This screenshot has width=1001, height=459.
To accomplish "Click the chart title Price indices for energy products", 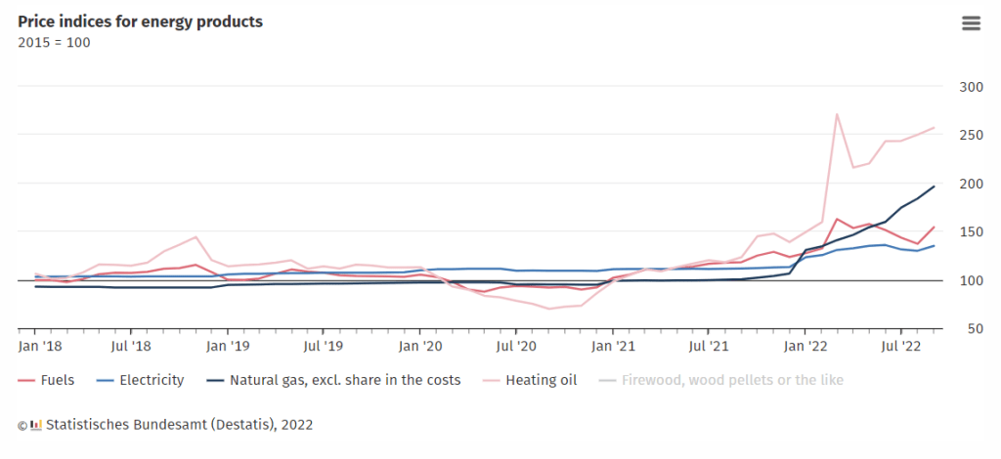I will (140, 21).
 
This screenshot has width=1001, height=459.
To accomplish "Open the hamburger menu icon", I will (971, 23).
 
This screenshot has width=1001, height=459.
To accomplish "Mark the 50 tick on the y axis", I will (973, 329).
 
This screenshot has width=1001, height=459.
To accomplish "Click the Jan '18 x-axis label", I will (40, 346).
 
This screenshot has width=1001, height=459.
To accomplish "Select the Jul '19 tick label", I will (323, 346).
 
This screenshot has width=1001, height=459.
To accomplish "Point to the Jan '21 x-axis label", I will (611, 346).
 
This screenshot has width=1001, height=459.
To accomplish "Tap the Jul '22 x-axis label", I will (900, 346).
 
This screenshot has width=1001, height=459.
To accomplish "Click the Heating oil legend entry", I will (541, 380).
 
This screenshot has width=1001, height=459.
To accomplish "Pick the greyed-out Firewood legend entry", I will (731, 380).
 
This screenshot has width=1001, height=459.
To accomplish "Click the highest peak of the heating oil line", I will (837, 114).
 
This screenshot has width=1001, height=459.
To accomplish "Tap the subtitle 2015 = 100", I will (55, 42).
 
